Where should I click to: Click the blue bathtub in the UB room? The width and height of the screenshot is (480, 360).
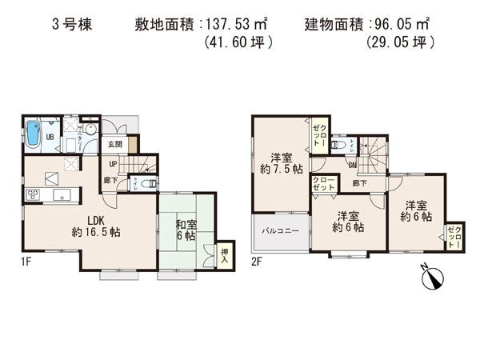pos(33,134)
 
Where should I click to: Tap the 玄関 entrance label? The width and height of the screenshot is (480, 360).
pos(115,145)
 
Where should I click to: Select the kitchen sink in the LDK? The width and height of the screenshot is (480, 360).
pos(60,195)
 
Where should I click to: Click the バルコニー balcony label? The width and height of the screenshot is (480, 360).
pos(280,234)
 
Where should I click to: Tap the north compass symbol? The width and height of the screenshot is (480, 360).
pos(433,278)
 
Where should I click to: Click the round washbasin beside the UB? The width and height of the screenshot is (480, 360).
pos(90,130)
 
